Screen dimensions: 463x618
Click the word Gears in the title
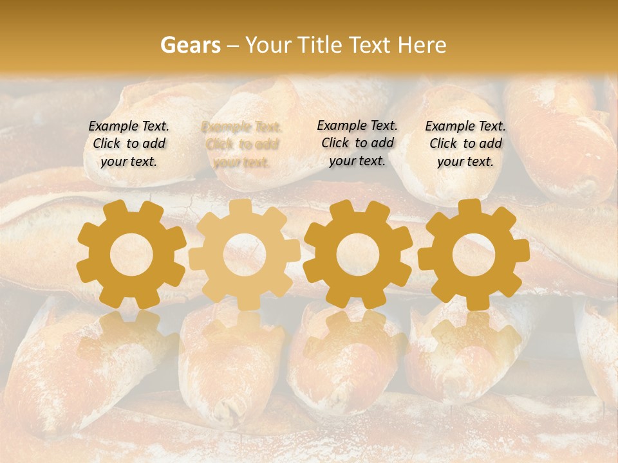pyautogui.click(x=189, y=45)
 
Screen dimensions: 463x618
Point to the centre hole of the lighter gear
pyautogui.click(x=245, y=255)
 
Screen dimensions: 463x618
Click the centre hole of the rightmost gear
pyautogui.click(x=474, y=254)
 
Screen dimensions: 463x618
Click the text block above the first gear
pyautogui.click(x=129, y=143)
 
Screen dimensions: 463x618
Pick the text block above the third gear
pyautogui.click(x=357, y=143)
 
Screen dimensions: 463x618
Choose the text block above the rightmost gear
pyautogui.click(x=465, y=143)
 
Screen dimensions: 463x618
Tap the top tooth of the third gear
pyautogui.click(x=358, y=207)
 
